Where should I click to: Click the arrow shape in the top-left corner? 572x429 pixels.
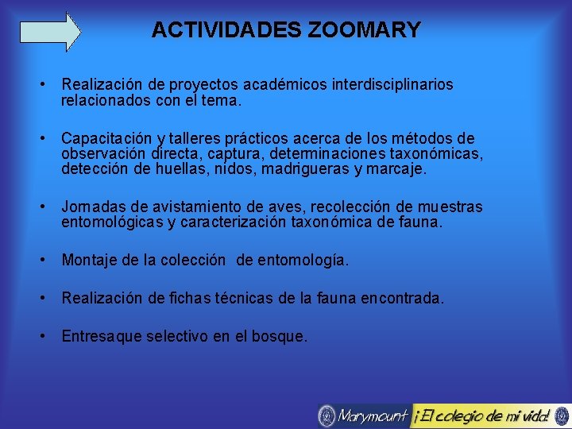50,31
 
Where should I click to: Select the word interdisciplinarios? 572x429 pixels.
398,83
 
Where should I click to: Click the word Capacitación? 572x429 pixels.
102,138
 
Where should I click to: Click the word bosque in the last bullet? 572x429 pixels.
280,336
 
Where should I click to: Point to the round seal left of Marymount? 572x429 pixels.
327,415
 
